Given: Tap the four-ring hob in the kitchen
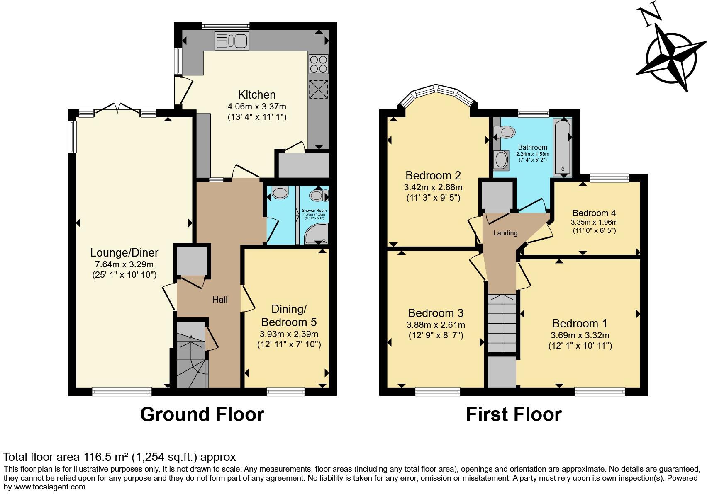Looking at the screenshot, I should coord(318,64).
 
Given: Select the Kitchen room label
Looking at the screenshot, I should coord(257,94).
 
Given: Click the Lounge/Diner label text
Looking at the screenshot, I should coord(124,252).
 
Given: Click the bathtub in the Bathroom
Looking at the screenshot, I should coord(563,147).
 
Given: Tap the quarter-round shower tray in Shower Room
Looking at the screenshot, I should coord(317,234).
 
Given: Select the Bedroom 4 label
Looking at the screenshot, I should coord(594,213).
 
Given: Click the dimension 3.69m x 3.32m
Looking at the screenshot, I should coord(580,335).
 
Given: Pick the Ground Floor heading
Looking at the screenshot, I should coord(202,414).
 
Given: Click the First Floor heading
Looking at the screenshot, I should coord(514,414).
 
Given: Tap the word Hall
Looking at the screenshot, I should coord(220,300).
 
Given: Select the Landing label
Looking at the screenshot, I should coord(505,233).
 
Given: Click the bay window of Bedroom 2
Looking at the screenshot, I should coord(438,91).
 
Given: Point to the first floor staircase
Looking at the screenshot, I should coord(502,323).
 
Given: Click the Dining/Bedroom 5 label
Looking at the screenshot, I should coord(289,315).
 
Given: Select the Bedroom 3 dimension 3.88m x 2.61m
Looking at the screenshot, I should coord(436,325).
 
